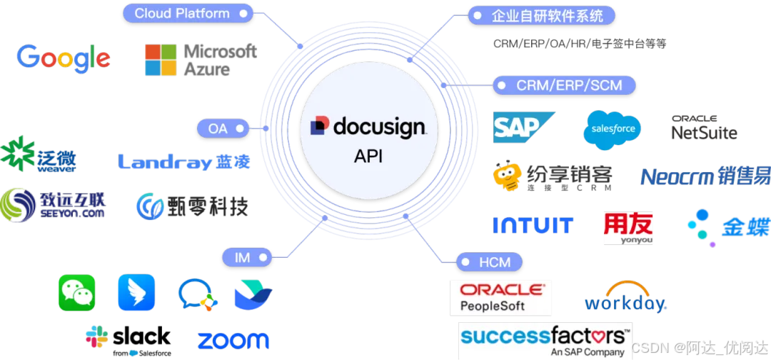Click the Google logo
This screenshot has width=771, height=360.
pos(64,58)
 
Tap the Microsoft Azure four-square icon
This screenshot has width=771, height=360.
pos(160,60)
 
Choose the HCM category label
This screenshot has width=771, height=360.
pos(490,262)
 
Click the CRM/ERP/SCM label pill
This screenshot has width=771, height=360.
pos(564,86)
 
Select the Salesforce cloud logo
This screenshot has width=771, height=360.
pos(612,130)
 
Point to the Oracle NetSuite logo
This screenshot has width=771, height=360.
pos(704,128)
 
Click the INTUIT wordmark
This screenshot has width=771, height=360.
pos(533,226)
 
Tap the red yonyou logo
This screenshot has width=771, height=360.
pos(628,227)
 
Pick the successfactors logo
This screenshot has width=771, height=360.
pos(545,340)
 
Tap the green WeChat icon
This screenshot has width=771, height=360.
pos(76,293)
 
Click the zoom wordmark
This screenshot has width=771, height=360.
pos(233,341)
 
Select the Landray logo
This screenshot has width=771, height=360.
pos(184,162)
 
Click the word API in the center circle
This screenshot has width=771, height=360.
pos(368,156)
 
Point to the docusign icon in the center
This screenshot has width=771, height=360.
pos(320,126)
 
